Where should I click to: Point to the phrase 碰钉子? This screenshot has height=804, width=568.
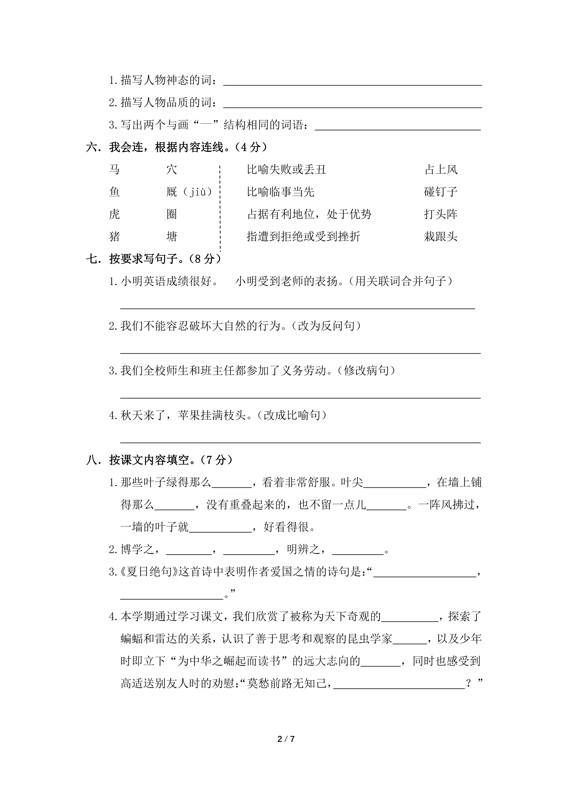click(441, 192)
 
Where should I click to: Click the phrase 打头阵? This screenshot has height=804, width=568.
click(441, 214)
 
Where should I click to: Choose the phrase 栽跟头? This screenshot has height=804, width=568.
click(441, 237)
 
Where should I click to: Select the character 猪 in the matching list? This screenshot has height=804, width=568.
click(114, 237)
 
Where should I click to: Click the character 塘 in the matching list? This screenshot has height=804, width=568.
click(172, 237)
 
